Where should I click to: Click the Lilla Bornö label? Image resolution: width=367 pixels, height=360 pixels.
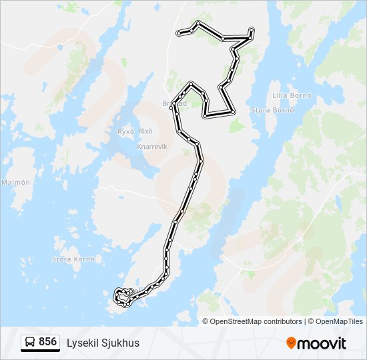(x=292, y=95)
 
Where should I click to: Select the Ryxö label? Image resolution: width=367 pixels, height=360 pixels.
(x=125, y=132)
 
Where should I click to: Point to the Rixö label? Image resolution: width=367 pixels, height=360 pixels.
(x=146, y=131)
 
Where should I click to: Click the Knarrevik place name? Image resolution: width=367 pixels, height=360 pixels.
(x=151, y=145)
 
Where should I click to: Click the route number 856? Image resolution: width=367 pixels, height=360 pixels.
(x=47, y=342)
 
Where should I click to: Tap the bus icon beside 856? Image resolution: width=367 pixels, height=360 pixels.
(x=30, y=343)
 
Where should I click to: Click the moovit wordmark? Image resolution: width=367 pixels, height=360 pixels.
(x=322, y=343)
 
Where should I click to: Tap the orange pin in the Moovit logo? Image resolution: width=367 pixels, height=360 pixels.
(x=291, y=343)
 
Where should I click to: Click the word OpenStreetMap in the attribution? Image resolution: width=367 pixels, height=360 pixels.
(x=245, y=321)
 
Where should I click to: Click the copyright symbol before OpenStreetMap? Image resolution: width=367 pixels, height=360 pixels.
(x=206, y=321)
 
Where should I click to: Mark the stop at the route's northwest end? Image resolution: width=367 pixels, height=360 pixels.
(x=178, y=33)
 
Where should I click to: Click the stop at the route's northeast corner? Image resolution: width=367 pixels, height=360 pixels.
(x=252, y=29)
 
